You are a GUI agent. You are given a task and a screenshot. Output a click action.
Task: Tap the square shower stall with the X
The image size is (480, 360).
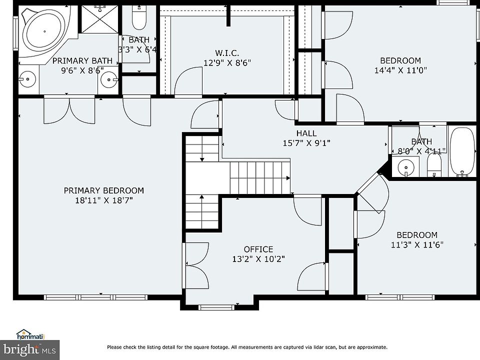[x=100, y=19]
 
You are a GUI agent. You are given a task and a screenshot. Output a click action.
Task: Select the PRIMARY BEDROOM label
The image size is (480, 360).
[x=104, y=190]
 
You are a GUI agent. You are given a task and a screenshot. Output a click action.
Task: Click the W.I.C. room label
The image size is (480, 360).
[x=227, y=53]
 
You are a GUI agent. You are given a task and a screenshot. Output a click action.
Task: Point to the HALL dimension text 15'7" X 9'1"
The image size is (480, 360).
[x=306, y=143]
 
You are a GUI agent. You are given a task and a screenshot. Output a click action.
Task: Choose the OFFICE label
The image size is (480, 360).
[x=258, y=249]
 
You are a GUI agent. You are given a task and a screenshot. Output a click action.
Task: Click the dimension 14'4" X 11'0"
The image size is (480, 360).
[x=400, y=70]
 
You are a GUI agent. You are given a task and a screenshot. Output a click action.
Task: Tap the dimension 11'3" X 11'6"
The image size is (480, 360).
[x=417, y=245]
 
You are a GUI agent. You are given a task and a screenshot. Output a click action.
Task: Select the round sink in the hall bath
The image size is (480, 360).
[x=406, y=167]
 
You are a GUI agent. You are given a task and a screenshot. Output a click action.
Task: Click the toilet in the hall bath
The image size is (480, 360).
[x=434, y=164]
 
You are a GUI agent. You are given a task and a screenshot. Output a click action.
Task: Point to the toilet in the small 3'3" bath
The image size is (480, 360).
[x=138, y=17]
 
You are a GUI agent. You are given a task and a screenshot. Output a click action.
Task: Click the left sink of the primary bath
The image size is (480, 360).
[x=28, y=79]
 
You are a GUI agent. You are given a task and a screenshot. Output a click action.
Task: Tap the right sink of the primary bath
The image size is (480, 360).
[x=109, y=79]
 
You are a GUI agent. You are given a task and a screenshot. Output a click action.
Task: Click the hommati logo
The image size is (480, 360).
[x=30, y=335]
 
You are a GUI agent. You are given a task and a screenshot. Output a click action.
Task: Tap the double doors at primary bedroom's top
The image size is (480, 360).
[x=69, y=110]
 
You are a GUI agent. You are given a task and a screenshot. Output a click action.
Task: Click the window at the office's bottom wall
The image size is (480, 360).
[x=216, y=307]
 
